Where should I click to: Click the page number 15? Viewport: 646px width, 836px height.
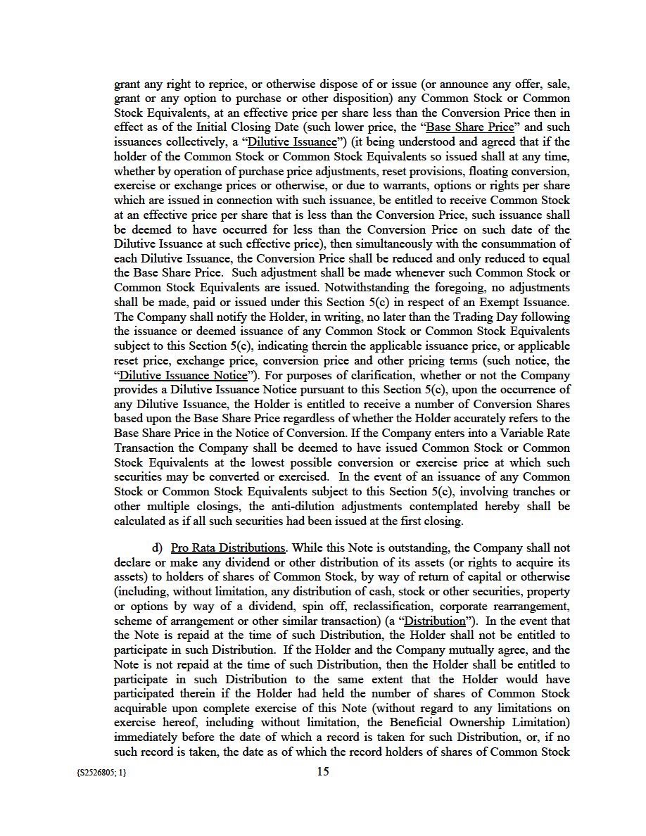323,771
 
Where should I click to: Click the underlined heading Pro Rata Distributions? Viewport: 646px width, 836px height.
228,547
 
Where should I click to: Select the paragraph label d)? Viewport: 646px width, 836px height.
158,547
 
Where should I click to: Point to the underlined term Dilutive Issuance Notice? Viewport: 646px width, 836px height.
184,375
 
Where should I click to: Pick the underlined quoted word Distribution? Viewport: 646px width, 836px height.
437,621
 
